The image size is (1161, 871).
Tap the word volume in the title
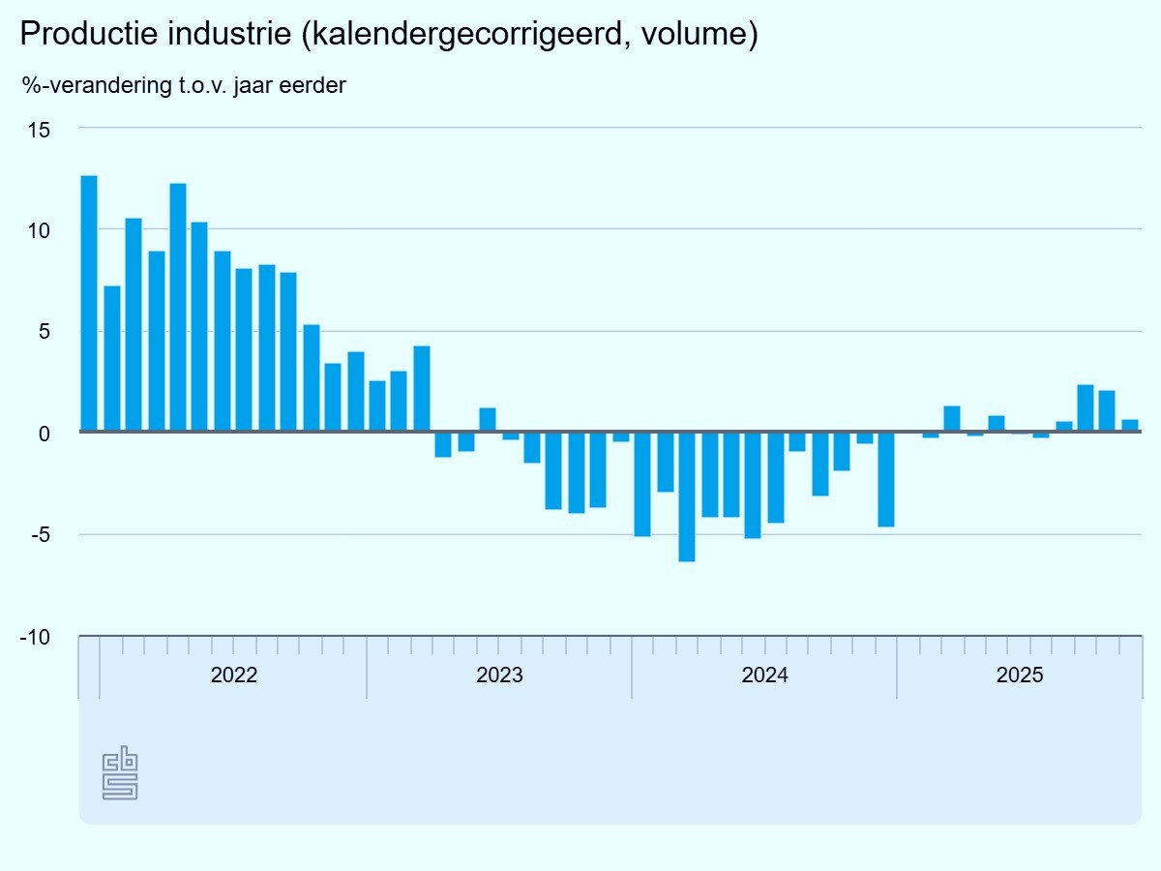click(x=697, y=35)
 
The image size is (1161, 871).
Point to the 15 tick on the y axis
click(x=38, y=129)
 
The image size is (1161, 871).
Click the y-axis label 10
click(x=38, y=230)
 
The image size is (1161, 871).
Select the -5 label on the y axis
click(x=38, y=535)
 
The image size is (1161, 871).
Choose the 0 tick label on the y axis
click(x=44, y=434)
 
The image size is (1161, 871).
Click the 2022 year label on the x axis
click(x=233, y=676)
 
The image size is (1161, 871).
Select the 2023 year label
click(x=499, y=676)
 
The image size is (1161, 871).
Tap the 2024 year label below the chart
click(x=764, y=676)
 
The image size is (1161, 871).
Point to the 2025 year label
click(x=1020, y=676)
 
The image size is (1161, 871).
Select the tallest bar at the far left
click(x=89, y=303)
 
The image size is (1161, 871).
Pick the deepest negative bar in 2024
click(x=687, y=496)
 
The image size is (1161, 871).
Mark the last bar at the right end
click(x=1130, y=426)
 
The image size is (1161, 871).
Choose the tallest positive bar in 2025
click(x=1086, y=408)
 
